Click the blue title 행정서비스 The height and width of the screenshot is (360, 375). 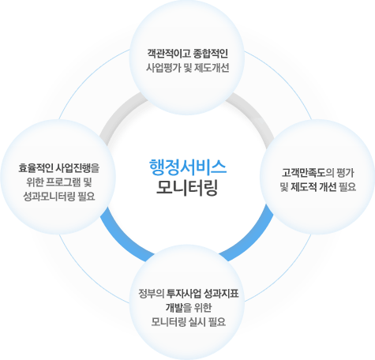click(188, 167)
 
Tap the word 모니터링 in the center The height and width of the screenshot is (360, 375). click(187, 188)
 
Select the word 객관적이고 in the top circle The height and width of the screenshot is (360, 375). click(168, 54)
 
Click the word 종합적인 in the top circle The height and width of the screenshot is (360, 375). click(211, 54)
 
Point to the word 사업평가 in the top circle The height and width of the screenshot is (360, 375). click(163, 68)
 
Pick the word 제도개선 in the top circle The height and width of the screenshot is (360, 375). click(212, 68)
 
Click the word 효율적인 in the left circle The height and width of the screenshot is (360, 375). click(36, 168)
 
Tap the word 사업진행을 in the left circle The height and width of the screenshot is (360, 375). click(78, 168)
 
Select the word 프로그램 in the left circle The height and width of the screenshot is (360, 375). click(63, 182)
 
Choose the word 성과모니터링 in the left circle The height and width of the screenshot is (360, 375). click(49, 197)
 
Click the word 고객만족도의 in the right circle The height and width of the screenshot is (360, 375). click(308, 173)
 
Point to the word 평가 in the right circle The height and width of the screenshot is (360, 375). click(346, 173)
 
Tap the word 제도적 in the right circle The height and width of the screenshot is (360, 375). click(303, 187)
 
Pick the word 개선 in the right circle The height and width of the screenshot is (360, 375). click(328, 187)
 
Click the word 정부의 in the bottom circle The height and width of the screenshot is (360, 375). click(152, 293)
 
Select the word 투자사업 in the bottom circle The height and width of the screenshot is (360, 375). click(184, 293)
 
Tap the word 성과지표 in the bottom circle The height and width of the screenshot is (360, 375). click(221, 293)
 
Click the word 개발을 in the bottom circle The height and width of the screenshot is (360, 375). click(178, 307)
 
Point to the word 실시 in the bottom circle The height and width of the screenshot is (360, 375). click(197, 321)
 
